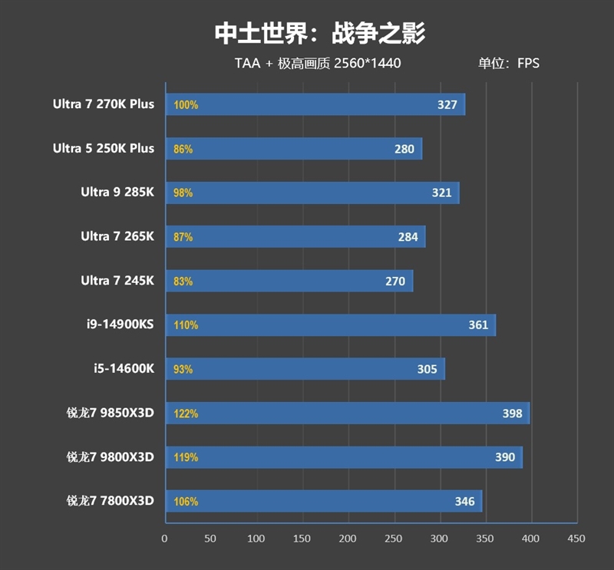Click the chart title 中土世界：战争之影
coord(319,33)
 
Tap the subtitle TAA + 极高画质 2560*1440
coord(317,64)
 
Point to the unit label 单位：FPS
coord(509,64)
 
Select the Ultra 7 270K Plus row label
coord(104,104)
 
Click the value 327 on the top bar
coord(447,105)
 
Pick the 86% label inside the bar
coord(183,149)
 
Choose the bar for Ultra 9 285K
coord(312,193)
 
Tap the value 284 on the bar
coord(408,237)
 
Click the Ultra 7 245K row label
coord(117,281)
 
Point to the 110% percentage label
coord(186,325)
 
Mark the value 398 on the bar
coord(512,413)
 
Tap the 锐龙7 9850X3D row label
coord(111,413)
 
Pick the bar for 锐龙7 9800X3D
coord(343,457)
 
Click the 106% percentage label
coord(186,502)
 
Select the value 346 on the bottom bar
coord(464,502)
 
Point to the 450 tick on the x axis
coord(576,539)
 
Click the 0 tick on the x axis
coord(164,539)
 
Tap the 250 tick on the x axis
coord(394,539)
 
